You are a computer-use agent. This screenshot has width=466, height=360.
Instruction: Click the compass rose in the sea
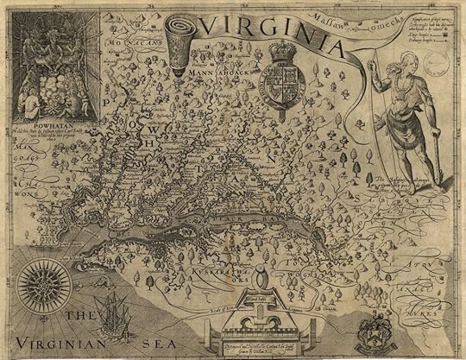pos(41,281)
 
